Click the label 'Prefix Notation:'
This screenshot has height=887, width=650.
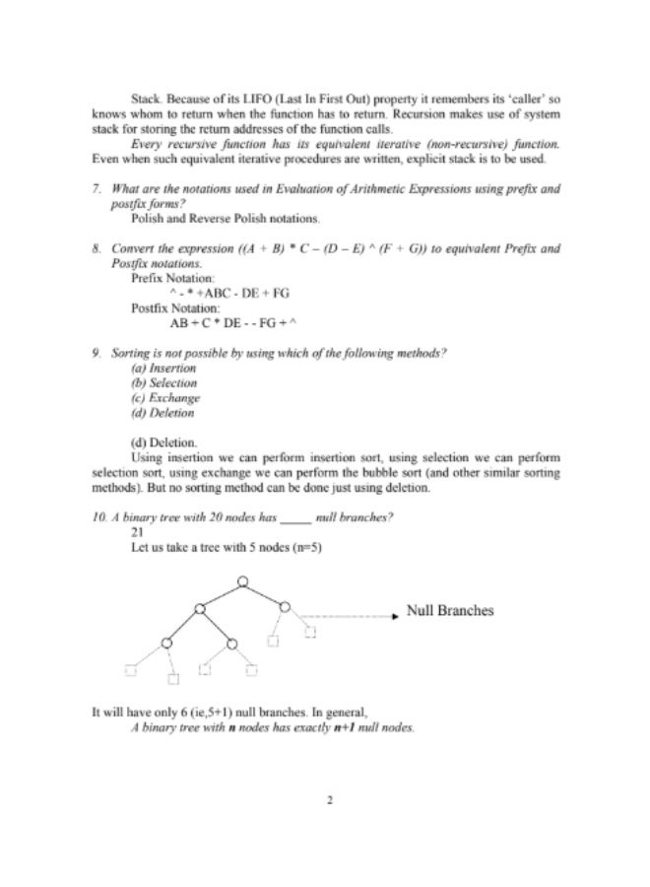coord(172,279)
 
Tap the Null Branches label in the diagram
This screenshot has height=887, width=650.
coord(450,611)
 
